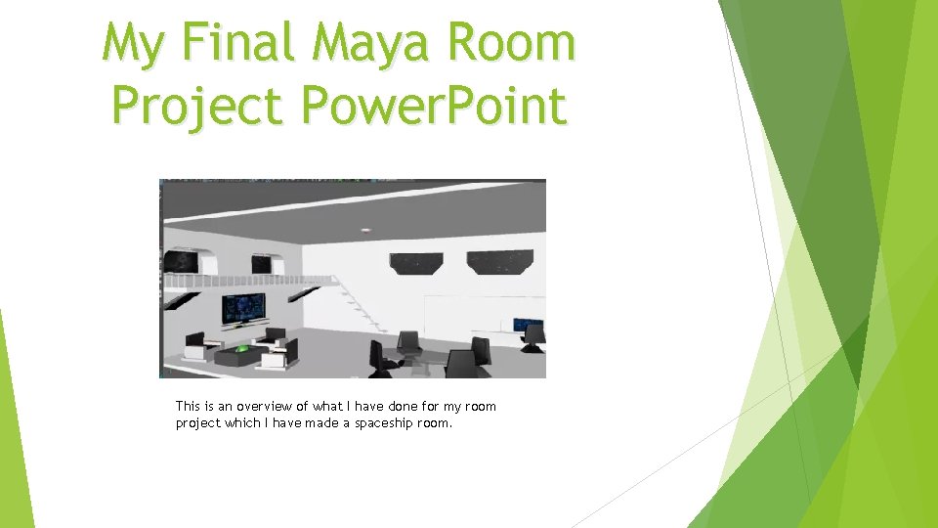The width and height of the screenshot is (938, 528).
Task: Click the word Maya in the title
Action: pos(370,45)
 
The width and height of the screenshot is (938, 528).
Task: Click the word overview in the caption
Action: pos(264,406)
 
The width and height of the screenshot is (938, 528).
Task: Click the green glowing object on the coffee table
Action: pos(241,347)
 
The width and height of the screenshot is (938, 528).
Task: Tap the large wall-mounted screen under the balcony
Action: pos(241,308)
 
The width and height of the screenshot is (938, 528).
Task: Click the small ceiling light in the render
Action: pos(365,230)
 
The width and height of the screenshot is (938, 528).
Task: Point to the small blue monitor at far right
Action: pos(529,324)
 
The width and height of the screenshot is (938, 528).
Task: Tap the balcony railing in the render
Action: pos(244,281)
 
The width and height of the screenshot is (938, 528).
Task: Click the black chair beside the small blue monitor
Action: pos(533,338)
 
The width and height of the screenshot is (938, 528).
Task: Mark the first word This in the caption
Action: pos(187,406)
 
